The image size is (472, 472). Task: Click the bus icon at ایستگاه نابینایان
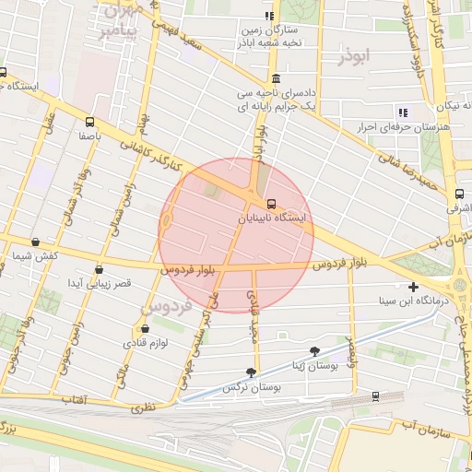(270, 204)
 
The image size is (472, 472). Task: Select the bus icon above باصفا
(89, 121)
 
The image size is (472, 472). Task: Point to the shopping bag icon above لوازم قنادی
(144, 329)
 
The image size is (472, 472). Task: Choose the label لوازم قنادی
(143, 343)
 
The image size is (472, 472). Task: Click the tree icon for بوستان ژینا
(316, 351)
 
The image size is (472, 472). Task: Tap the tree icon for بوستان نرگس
(250, 372)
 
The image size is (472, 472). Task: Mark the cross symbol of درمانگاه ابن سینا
(413, 288)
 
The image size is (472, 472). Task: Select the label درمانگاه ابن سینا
(419, 301)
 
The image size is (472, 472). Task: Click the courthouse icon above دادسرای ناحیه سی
(276, 78)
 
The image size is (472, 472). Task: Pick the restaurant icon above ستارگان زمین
(269, 16)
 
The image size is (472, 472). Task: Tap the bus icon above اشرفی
(459, 195)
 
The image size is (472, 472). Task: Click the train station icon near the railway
(376, 395)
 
